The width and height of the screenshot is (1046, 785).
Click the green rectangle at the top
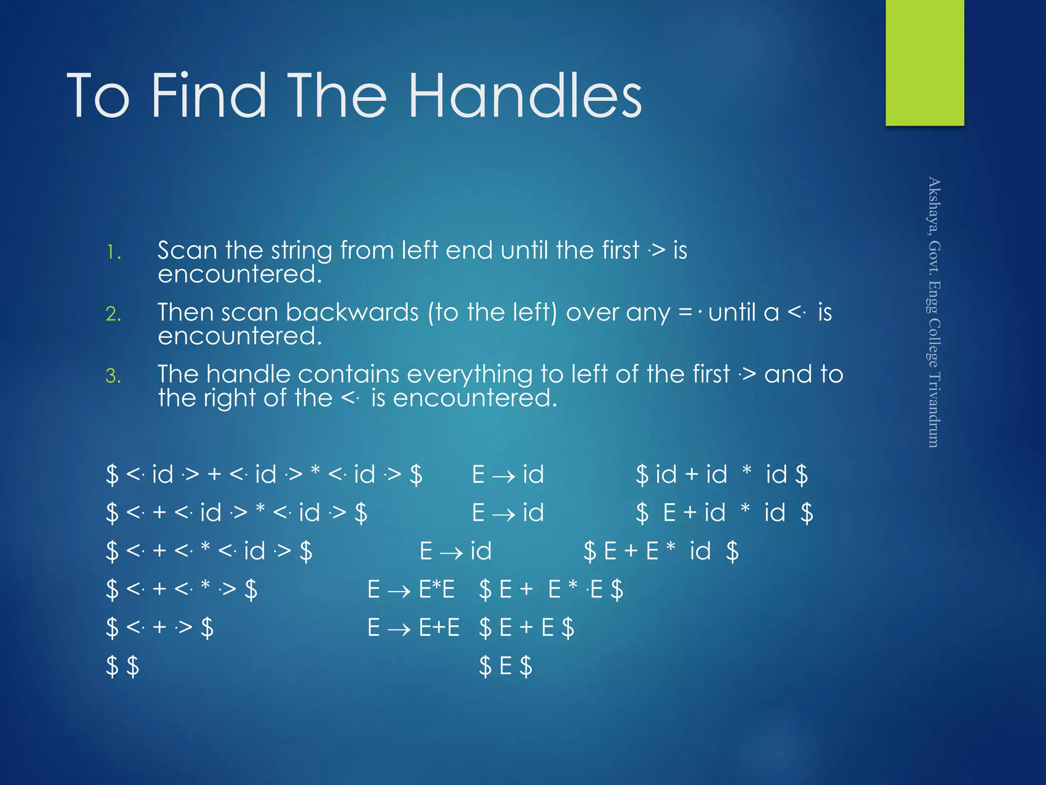[924, 62]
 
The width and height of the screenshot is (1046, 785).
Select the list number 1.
[113, 252]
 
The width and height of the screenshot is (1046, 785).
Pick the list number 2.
[113, 314]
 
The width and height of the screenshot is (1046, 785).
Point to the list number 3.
[113, 376]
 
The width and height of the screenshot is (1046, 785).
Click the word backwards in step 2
[352, 312]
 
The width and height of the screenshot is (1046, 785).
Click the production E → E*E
[411, 589]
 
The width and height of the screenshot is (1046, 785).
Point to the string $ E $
[505, 666]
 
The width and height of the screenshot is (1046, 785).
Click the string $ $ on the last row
[122, 666]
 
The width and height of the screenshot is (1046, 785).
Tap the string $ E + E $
[526, 628]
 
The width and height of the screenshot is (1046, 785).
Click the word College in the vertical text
[934, 342]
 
